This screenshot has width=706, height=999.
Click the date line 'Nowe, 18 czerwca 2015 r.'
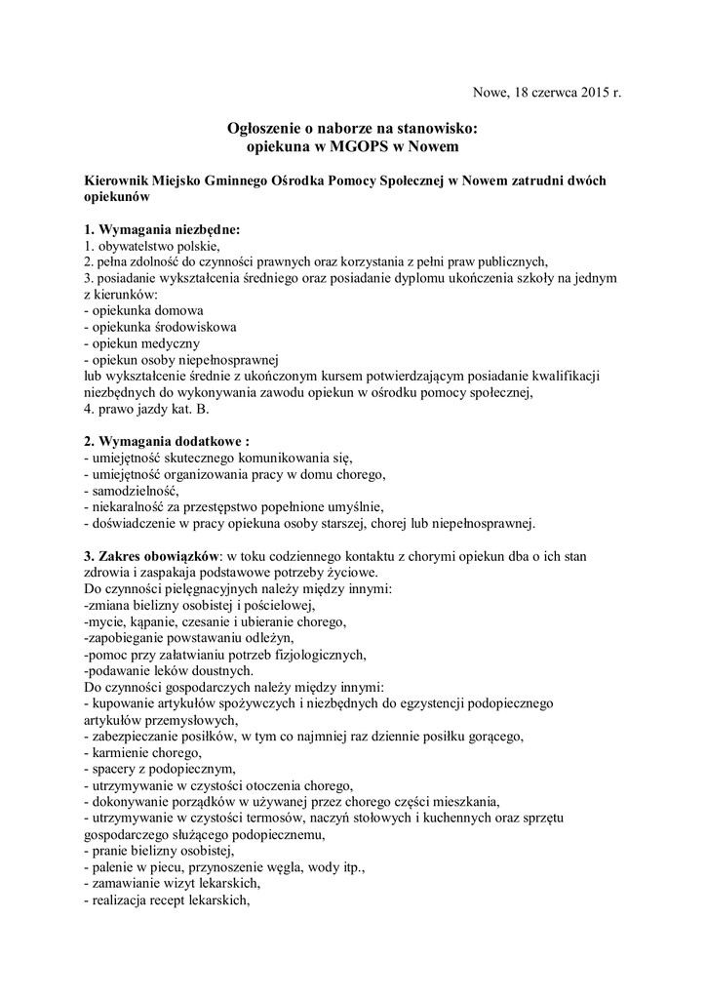tap(546, 94)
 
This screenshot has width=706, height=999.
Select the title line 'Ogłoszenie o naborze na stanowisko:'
tap(352, 128)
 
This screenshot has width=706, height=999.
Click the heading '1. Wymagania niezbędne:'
tap(161, 229)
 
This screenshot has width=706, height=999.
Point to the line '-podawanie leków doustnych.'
tap(154, 670)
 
